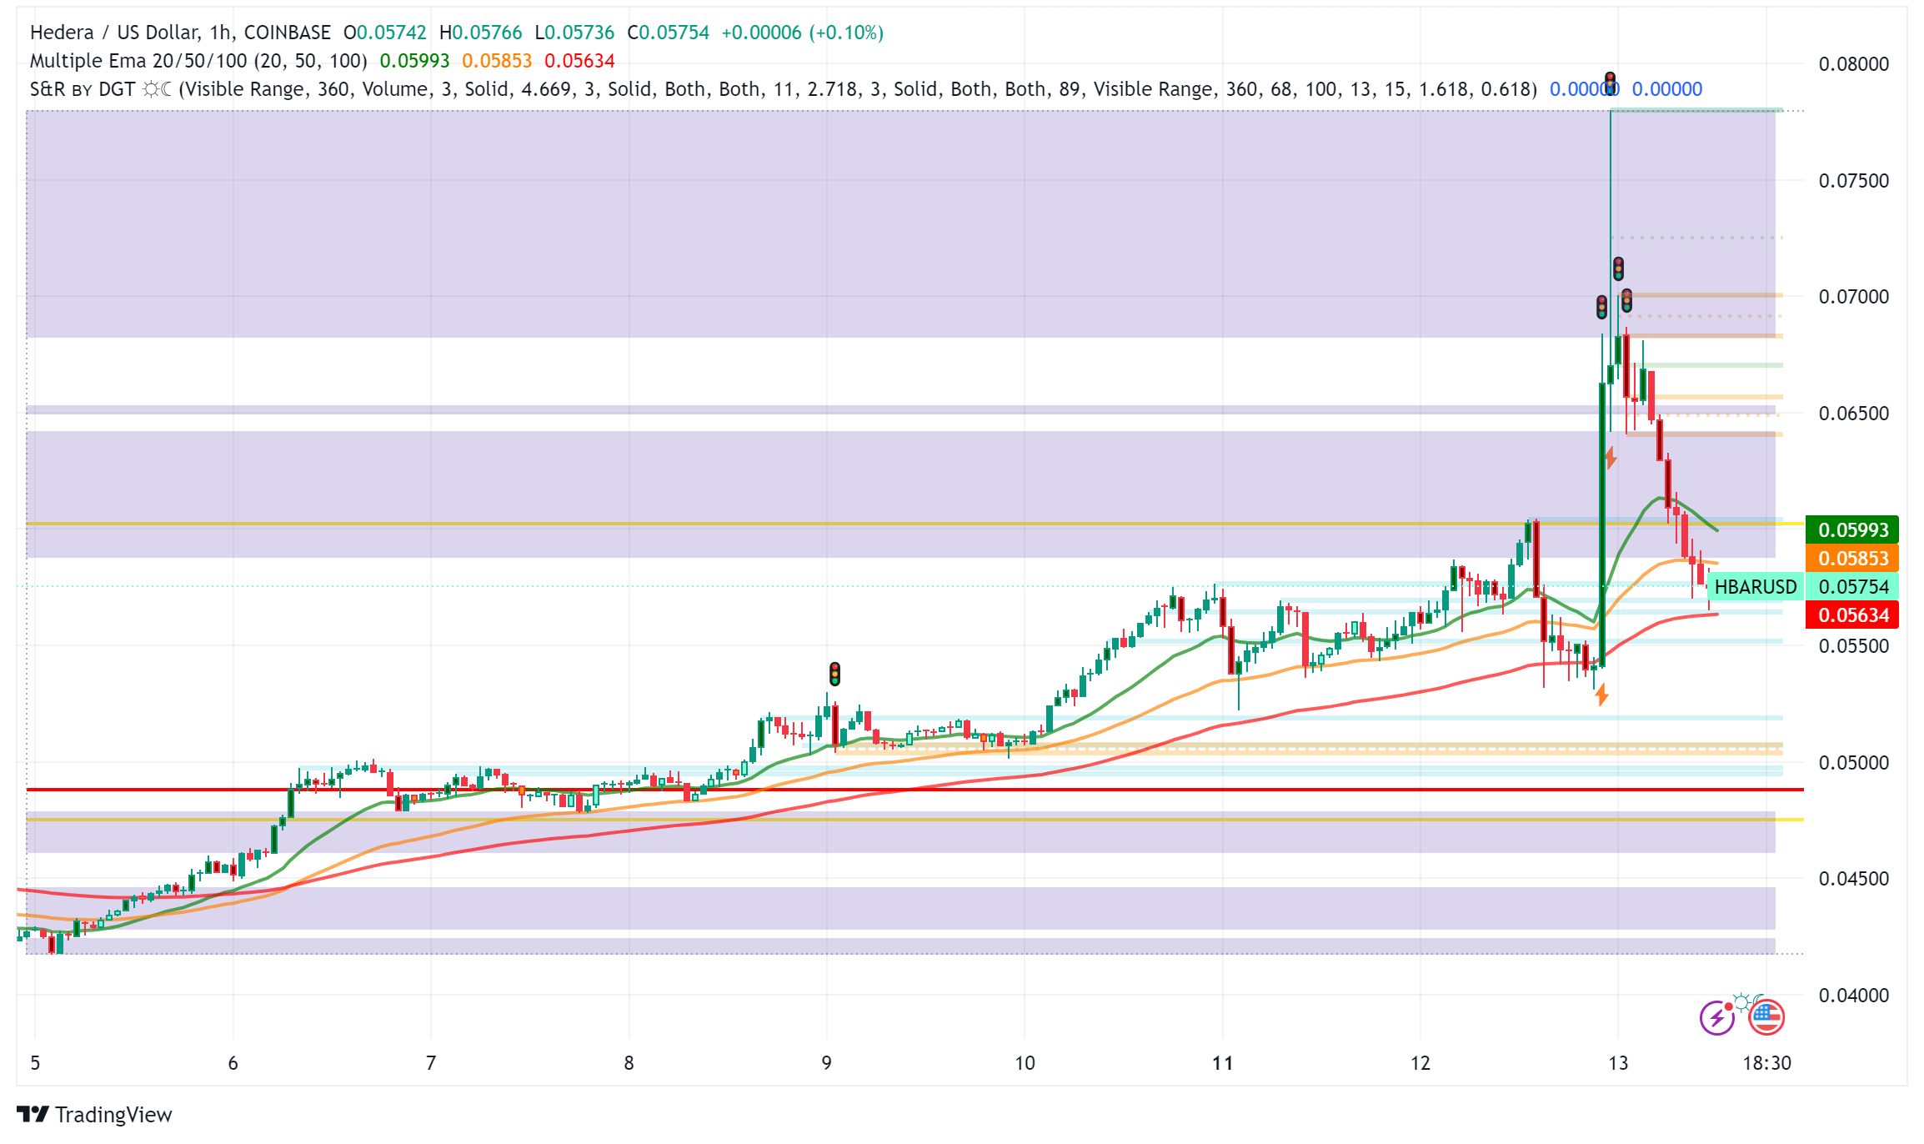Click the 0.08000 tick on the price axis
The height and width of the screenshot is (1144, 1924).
pyautogui.click(x=1853, y=64)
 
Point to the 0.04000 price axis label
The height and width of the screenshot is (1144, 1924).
pyautogui.click(x=1853, y=995)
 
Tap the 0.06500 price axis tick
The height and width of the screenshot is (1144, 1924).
pyautogui.click(x=1853, y=414)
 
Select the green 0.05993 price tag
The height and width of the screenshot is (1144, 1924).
pyautogui.click(x=1852, y=529)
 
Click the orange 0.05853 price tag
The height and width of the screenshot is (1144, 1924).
pyautogui.click(x=1852, y=558)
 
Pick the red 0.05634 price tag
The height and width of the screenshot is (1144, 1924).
pyautogui.click(x=1852, y=615)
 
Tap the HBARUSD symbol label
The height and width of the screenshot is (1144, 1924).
pyautogui.click(x=1755, y=587)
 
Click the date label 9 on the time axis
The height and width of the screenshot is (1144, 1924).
pyautogui.click(x=826, y=1063)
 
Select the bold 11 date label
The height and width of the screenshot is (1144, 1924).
pyautogui.click(x=1222, y=1063)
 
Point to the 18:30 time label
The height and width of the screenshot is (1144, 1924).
pyautogui.click(x=1766, y=1063)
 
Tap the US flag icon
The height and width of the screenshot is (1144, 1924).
pyautogui.click(x=1766, y=1017)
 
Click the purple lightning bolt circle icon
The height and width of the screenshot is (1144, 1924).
pyautogui.click(x=1716, y=1018)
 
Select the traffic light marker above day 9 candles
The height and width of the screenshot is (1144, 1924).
pyautogui.click(x=834, y=674)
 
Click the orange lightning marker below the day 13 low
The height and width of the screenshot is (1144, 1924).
pyautogui.click(x=1601, y=695)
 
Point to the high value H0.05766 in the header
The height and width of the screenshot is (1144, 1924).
pyautogui.click(x=480, y=33)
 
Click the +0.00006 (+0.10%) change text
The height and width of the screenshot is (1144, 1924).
pyautogui.click(x=802, y=33)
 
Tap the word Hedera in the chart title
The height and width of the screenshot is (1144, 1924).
pyautogui.click(x=62, y=33)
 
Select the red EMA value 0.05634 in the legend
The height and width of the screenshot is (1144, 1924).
pyautogui.click(x=579, y=61)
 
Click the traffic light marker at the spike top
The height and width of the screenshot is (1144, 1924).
pyautogui.click(x=1611, y=83)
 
